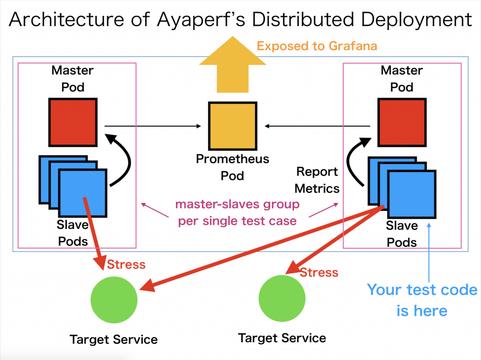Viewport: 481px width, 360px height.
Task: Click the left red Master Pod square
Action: pos(73,123)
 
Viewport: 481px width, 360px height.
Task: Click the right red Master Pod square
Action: pos(402,123)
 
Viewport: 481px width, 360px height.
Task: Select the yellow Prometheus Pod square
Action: pos(233,126)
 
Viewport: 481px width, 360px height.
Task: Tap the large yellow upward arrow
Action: pos(233,64)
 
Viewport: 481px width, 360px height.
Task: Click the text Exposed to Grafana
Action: pos(317,46)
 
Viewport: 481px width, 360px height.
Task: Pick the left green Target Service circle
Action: pos(114,300)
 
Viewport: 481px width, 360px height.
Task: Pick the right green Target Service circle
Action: pos(282,299)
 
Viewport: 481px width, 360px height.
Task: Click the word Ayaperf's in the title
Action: pos(201,20)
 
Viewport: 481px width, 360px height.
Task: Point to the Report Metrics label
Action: pos(317,180)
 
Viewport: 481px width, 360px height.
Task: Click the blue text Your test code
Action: pos(422,290)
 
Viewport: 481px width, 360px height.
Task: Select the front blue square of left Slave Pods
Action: pos(83,193)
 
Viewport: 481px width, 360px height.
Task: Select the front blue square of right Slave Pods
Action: pos(411,194)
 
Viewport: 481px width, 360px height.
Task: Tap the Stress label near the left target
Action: pos(126,264)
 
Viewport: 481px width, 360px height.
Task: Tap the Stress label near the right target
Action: pos(319,272)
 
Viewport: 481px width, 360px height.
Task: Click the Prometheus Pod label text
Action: pos(233,167)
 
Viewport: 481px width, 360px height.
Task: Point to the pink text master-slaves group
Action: pos(237,204)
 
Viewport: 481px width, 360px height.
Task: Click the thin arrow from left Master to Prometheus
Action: pos(153,126)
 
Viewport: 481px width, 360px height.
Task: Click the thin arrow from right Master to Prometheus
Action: pos(318,126)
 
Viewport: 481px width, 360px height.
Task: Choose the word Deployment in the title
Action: pos(417,20)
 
